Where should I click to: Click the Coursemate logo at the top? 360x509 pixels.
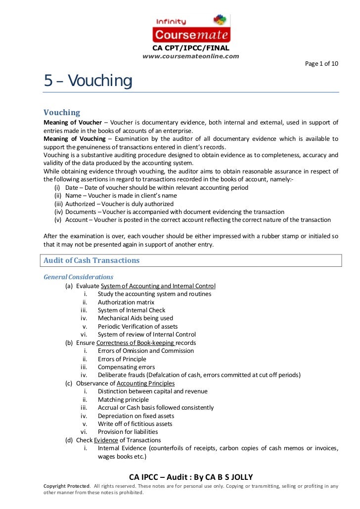click(191, 28)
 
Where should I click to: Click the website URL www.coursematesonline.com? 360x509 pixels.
click(190, 56)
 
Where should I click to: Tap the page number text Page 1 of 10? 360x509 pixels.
click(321, 64)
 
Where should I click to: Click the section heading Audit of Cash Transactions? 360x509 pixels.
click(91, 260)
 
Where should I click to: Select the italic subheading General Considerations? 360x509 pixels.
click(79, 277)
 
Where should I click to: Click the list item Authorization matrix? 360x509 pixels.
click(126, 302)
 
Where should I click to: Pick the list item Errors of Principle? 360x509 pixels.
click(122, 359)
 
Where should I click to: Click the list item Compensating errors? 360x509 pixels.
click(126, 367)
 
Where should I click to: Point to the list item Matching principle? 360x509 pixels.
click(123, 399)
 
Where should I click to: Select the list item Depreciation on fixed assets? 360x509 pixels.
click(135, 416)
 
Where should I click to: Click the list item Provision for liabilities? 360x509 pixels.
click(129, 432)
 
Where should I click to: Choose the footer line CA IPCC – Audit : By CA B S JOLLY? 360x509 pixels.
click(191, 477)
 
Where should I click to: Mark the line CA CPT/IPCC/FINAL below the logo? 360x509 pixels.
click(190, 48)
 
